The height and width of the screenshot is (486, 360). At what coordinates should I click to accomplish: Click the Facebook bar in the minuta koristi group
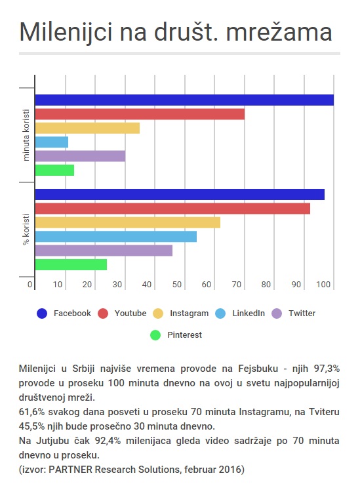184,100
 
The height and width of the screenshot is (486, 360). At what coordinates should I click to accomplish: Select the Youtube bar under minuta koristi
140,114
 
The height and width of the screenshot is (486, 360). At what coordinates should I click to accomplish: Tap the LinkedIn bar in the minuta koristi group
51,142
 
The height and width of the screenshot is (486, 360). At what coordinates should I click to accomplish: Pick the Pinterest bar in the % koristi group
71,264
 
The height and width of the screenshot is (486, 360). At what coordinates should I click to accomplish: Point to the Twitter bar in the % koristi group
104,251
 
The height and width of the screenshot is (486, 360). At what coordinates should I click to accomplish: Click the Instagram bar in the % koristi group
128,222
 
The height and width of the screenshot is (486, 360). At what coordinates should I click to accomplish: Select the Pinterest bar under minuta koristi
54,170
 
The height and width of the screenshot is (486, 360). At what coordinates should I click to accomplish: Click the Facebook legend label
72,314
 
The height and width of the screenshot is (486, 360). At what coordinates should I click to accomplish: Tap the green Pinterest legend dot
155,335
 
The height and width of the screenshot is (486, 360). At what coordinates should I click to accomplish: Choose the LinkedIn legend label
249,314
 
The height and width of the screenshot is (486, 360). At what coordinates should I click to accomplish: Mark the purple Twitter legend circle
277,314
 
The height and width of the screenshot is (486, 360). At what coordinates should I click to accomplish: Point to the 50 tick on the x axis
177,284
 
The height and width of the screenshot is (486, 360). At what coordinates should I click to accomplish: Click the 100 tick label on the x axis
323,284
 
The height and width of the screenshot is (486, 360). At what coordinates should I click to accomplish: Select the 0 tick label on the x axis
30,284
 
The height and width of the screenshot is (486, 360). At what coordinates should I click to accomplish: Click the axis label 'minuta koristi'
26,135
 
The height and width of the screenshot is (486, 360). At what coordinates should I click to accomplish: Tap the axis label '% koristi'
26,230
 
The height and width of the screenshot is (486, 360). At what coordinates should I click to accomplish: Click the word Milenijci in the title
66,32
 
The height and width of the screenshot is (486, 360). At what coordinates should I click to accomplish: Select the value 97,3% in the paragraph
327,369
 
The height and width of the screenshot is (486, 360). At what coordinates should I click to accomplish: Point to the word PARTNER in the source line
71,470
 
